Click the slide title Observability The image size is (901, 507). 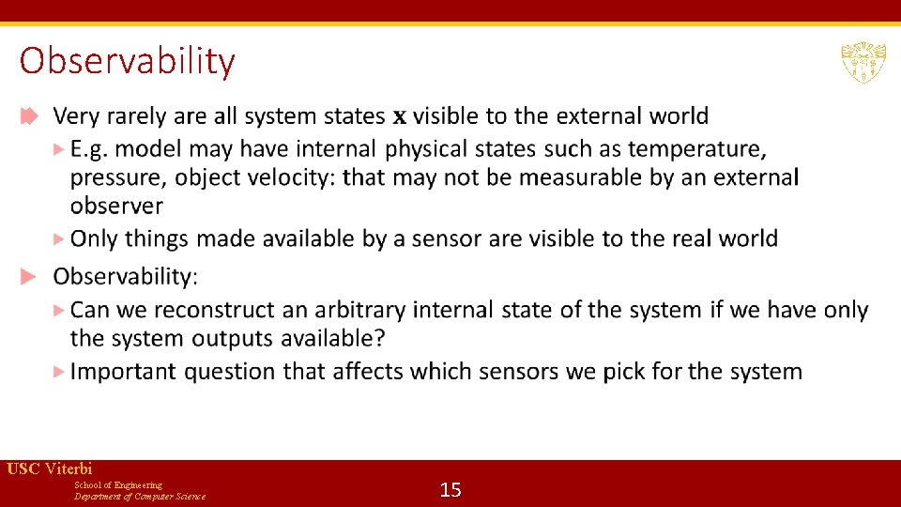[127, 61]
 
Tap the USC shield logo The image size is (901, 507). [863, 62]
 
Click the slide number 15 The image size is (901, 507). [450, 489]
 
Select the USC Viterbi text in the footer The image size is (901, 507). [49, 469]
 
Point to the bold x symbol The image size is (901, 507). [399, 117]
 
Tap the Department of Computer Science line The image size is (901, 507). [140, 497]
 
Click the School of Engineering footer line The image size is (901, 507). [117, 485]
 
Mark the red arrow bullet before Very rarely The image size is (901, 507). [28, 116]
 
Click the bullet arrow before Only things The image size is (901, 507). [60, 238]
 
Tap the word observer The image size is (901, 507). [116, 207]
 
